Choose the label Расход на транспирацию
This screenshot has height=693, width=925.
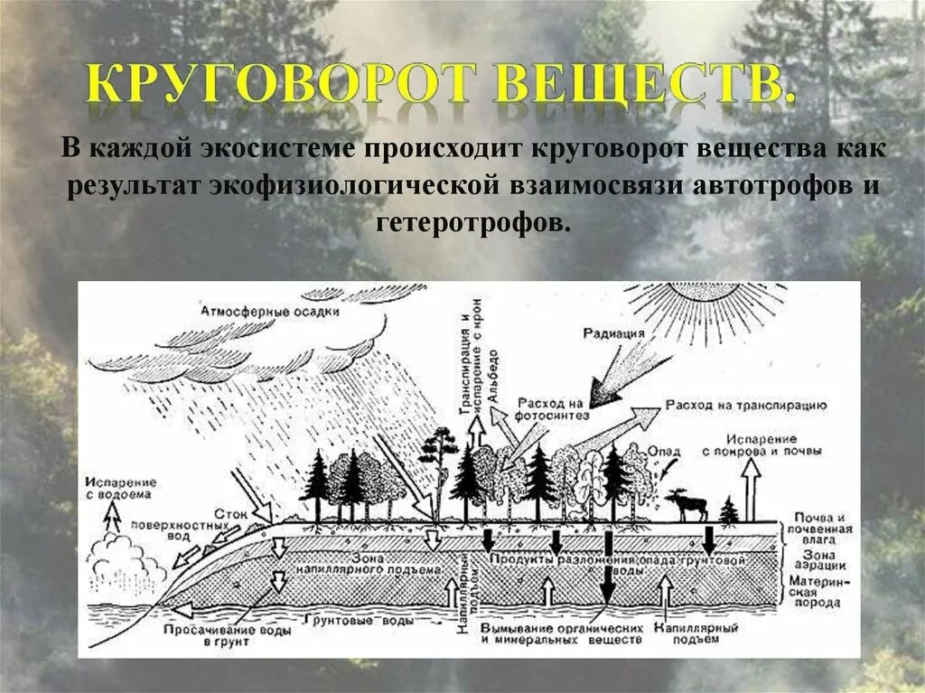click(746, 406)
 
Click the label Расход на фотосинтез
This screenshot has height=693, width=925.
click(553, 408)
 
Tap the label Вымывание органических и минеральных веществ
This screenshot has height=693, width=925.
click(562, 632)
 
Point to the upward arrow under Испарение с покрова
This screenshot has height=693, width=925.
click(748, 488)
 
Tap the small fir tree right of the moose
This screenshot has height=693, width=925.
click(728, 511)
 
